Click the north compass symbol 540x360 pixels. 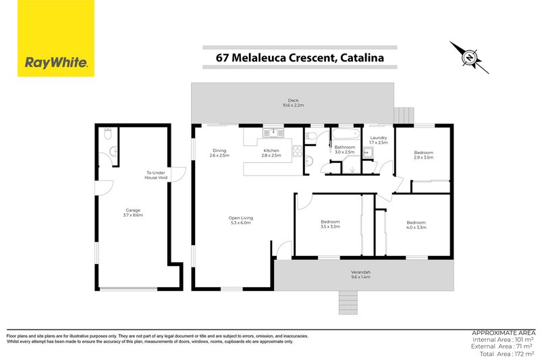pyautogui.click(x=466, y=57)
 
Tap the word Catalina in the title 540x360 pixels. pyautogui.click(x=360, y=57)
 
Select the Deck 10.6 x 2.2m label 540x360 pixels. pyautogui.click(x=293, y=103)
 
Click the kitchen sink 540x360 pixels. pyautogui.click(x=272, y=133)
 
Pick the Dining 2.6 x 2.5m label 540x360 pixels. pyautogui.click(x=219, y=153)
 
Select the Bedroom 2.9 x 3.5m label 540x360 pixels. pyautogui.click(x=424, y=155)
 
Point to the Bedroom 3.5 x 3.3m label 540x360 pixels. pyautogui.click(x=330, y=224)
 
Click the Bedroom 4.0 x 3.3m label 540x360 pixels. pyautogui.click(x=416, y=225)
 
